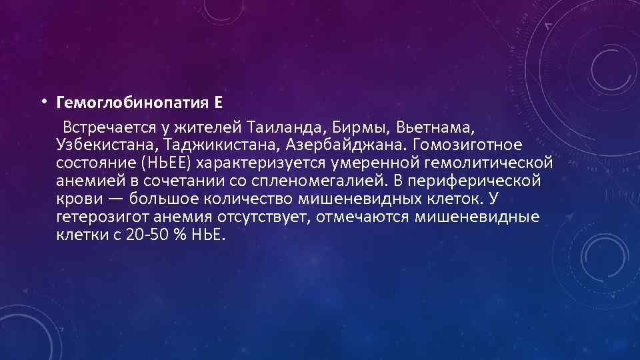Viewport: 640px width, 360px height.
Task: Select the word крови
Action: coord(74,199)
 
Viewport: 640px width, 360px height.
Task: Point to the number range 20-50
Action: coord(145,235)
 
